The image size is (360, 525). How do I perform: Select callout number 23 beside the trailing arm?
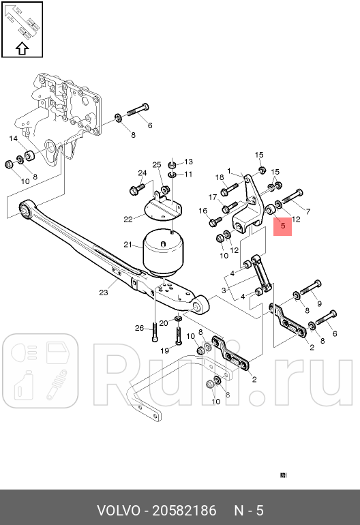click(104, 293)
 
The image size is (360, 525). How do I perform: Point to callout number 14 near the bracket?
click(13, 138)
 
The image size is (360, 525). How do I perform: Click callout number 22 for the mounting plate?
click(127, 219)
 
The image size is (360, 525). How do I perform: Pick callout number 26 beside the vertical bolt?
click(139, 328)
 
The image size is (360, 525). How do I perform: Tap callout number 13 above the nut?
click(189, 162)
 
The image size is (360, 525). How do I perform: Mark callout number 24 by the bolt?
click(142, 172)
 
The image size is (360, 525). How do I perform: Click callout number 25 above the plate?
click(156, 165)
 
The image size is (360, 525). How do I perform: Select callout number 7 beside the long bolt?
click(307, 212)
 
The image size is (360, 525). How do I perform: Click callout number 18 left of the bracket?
click(220, 178)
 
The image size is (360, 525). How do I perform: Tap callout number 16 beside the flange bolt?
click(202, 211)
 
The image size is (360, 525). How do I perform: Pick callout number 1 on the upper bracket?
click(230, 171)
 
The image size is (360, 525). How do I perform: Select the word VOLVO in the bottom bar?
click(117, 510)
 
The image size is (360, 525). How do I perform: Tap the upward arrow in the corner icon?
click(21, 48)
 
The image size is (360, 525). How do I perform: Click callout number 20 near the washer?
click(164, 322)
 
